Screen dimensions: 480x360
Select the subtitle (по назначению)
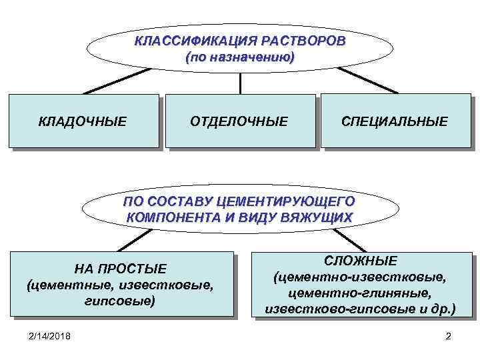[x=240, y=57]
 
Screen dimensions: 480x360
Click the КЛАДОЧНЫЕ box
[x=83, y=121]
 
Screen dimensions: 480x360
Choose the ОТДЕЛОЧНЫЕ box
[x=239, y=121]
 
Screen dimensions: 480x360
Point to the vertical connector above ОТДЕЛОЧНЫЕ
[x=240, y=83]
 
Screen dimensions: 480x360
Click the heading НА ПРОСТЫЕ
[x=121, y=269]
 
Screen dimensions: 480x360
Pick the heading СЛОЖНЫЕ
[x=361, y=260]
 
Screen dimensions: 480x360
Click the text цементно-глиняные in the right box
[x=361, y=293]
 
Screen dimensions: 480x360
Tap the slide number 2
[x=448, y=335]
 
